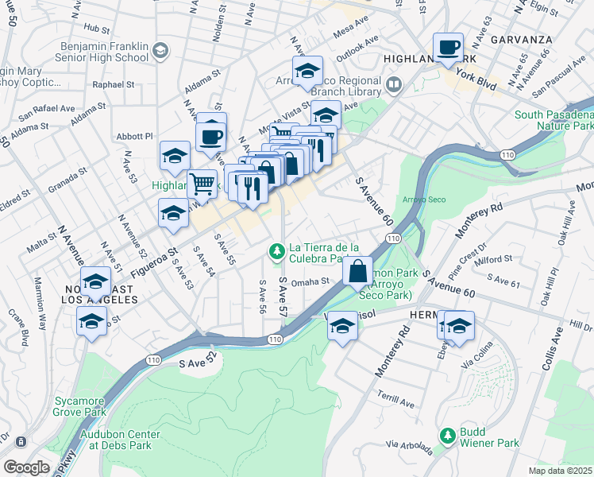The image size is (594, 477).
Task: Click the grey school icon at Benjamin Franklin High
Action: (x=161, y=52)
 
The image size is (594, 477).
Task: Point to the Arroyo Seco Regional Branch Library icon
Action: (x=393, y=83)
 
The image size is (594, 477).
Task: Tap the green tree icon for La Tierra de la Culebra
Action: (x=276, y=251)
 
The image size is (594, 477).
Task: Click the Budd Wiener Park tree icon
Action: (x=448, y=436)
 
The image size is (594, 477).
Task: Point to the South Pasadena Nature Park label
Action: (x=553, y=120)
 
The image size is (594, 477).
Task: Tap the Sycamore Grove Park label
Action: (x=79, y=406)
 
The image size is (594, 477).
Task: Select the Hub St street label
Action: (x=95, y=29)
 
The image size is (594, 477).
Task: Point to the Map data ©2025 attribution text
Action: (x=560, y=471)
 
